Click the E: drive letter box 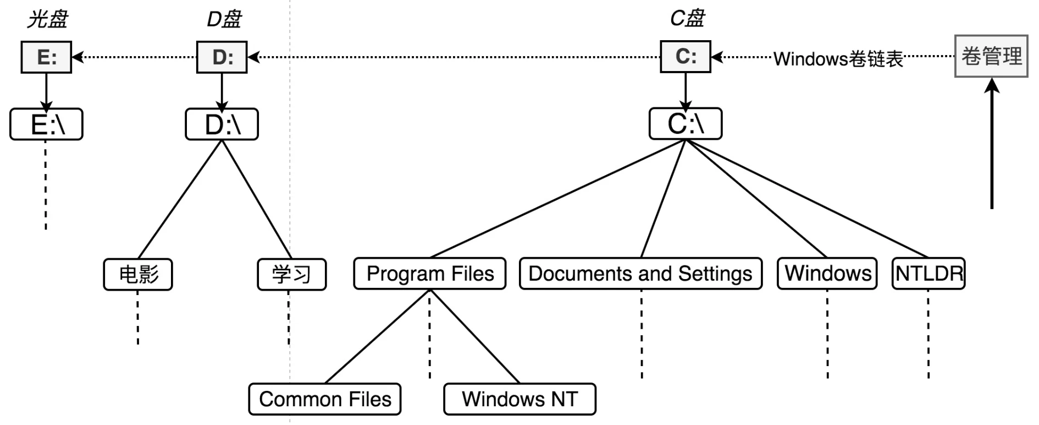(x=46, y=57)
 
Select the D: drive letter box (x=222, y=57)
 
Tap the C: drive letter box (x=686, y=57)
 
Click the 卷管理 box (x=991, y=56)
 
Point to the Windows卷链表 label (x=838, y=59)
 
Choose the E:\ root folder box (x=47, y=124)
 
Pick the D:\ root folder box (x=222, y=124)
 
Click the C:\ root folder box (x=686, y=124)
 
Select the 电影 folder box (x=138, y=274)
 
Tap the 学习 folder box (x=292, y=274)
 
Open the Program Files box (x=430, y=274)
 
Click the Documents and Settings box (x=640, y=274)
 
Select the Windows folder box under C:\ (x=827, y=274)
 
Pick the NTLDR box (x=929, y=274)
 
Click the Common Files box (x=325, y=399)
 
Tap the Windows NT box (x=519, y=399)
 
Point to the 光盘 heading (x=47, y=20)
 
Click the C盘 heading (x=687, y=19)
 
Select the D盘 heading (x=224, y=20)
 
